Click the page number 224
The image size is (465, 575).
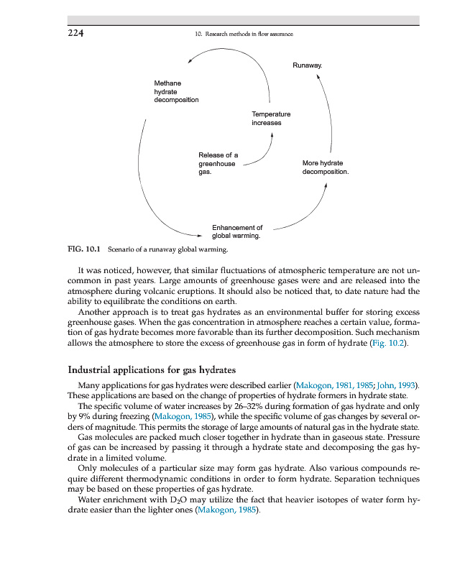[77, 34]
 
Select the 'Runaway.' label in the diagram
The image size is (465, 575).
[307, 65]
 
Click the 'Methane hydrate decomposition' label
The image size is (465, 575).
[175, 91]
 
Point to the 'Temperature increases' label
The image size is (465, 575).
[271, 118]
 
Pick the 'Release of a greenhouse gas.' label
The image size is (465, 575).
[218, 164]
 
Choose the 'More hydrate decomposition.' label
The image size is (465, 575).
[325, 167]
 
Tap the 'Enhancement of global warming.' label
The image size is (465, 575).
[236, 231]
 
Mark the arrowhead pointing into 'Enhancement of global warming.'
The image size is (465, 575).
[200, 234]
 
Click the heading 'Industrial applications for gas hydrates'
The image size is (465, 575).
[152, 369]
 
